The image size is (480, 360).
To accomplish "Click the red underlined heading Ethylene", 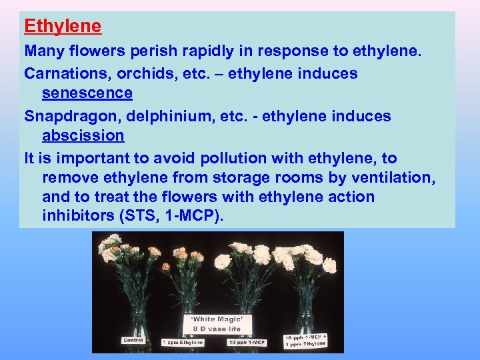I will pyautogui.click(x=63, y=27).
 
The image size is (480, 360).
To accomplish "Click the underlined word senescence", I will pyautogui.click(x=87, y=93).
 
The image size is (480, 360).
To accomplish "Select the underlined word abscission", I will pyautogui.click(x=83, y=135).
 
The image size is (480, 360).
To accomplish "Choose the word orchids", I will pyautogui.click(x=150, y=73).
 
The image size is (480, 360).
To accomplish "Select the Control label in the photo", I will pyautogui.click(x=133, y=340).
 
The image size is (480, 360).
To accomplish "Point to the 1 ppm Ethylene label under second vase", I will pyautogui.click(x=182, y=343).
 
